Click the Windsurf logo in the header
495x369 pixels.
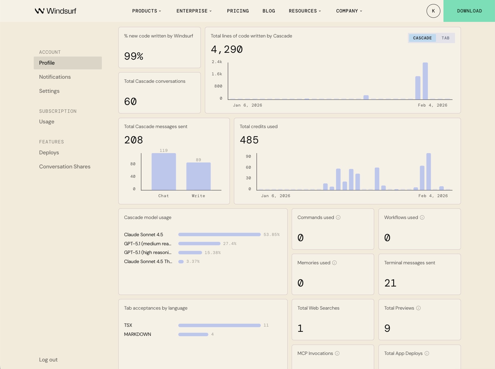[x=56, y=11]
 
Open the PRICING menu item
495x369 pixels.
[x=238, y=11]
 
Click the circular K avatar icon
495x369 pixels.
[x=433, y=11]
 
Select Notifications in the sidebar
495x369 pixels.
[x=55, y=77]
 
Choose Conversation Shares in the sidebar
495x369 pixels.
[x=65, y=167]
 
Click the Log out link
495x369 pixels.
[x=48, y=360]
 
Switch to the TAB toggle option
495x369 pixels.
[x=445, y=38]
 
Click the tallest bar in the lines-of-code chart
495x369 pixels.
[x=425, y=81]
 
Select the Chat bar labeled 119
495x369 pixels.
[x=164, y=172]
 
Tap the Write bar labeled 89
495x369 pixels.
[x=198, y=177]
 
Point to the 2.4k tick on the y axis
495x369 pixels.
[x=217, y=62]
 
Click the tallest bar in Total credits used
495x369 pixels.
[x=428, y=172]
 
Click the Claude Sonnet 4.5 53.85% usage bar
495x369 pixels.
[x=219, y=235]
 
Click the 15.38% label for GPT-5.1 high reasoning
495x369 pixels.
[x=212, y=253]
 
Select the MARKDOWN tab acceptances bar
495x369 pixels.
[x=193, y=334]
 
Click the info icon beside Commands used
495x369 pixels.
[x=338, y=217]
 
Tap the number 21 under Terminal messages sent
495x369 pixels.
[x=390, y=283]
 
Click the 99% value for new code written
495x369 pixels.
[x=134, y=56]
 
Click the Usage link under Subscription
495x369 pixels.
[x=47, y=122]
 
